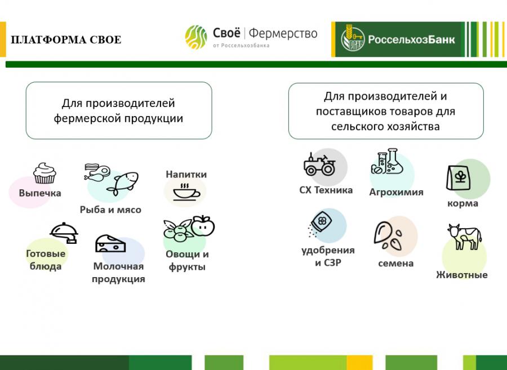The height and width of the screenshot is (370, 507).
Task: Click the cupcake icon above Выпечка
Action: tap(45, 173)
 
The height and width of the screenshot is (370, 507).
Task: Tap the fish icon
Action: tap(123, 183)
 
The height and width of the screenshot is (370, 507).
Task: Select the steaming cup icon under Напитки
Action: tap(186, 193)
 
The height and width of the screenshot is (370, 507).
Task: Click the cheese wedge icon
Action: tap(110, 244)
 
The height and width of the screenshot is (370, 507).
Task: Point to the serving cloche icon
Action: tap(64, 233)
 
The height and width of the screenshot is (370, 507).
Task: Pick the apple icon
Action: tap(203, 226)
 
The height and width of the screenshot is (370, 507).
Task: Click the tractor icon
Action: tap(319, 164)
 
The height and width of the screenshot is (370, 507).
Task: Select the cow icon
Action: tap(464, 237)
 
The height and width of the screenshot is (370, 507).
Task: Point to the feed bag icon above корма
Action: tap(458, 178)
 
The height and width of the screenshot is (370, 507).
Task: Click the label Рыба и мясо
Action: tap(110, 209)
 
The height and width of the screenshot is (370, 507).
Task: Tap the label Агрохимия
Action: tap(396, 192)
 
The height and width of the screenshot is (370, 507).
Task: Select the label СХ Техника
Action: tap(326, 190)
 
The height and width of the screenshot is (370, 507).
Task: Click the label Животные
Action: tap(462, 275)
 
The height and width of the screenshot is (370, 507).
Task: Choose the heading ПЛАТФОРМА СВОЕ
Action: tap(66, 40)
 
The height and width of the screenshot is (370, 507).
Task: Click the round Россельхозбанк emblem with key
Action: tap(353, 39)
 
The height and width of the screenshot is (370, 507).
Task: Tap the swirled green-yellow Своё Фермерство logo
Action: tap(196, 37)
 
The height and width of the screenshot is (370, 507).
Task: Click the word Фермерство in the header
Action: tap(283, 33)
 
